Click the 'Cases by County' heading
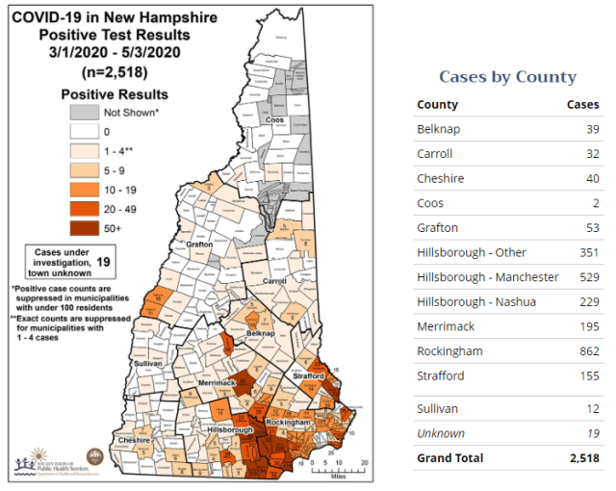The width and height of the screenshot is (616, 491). tap(507, 77)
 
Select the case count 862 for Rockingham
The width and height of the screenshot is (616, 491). tap(586, 351)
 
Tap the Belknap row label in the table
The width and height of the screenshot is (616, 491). tap(437, 129)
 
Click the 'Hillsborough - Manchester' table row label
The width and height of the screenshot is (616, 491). tap(487, 277)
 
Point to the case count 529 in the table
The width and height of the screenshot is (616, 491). tap(586, 277)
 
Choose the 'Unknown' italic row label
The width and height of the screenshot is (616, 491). tap(440, 433)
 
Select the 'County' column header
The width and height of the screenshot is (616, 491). tap(437, 104)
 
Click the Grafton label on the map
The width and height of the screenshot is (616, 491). tap(199, 245)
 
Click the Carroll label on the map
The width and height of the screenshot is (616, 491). tap(275, 282)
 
